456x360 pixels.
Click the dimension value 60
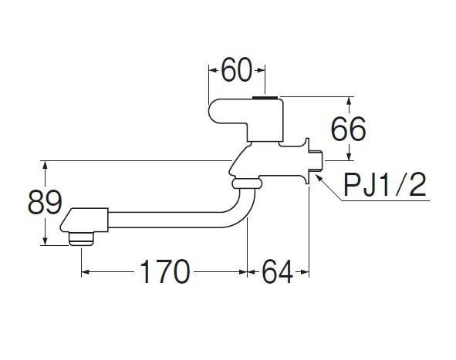[236, 70]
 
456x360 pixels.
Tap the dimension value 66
[349, 129]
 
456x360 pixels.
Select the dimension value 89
[45, 202]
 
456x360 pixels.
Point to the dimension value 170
[165, 271]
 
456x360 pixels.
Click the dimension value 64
[277, 272]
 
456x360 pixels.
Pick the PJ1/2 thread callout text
[384, 184]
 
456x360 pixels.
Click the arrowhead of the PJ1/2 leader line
[319, 177]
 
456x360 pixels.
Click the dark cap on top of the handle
[265, 98]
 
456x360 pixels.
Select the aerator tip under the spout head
[82, 239]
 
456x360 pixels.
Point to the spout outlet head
[84, 220]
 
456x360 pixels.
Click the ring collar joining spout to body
[247, 183]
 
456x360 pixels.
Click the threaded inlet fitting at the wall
[316, 160]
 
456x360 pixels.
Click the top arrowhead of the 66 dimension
[350, 100]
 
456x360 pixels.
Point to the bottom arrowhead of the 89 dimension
[45, 241]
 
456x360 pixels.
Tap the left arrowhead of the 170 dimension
[85, 272]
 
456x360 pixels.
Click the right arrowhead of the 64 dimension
[305, 272]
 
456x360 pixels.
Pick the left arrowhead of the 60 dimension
[213, 70]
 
